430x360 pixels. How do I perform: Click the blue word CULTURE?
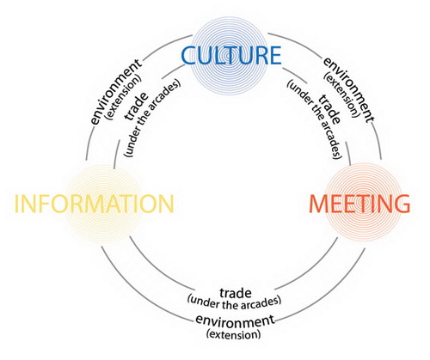coord(231,55)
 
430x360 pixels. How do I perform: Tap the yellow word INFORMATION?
coord(95,204)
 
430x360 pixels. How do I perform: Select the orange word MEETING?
coord(359,204)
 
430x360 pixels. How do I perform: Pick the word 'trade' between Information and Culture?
coord(137,106)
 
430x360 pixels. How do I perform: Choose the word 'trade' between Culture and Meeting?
coord(329,109)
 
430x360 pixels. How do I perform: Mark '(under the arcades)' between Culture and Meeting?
coord(315,119)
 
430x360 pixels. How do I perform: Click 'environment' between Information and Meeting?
coord(235,321)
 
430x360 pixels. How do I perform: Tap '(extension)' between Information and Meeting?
coord(234,334)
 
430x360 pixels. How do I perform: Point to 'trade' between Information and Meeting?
coord(236,293)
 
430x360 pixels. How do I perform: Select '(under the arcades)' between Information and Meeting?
coord(234,302)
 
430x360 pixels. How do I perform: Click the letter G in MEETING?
coord(402,204)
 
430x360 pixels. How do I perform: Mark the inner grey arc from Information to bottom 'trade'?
coord(155,268)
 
